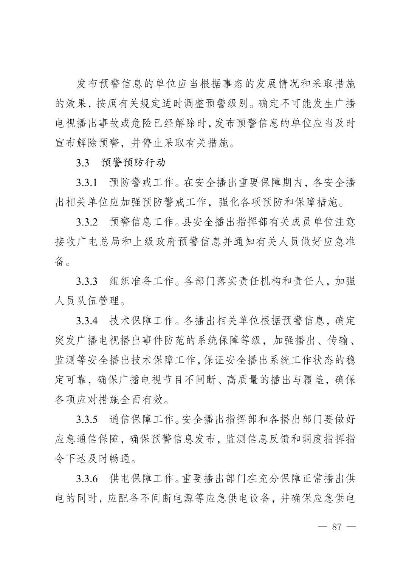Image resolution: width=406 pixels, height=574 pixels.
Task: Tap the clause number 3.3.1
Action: (x=87, y=183)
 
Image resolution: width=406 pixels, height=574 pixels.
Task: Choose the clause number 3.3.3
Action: (x=87, y=281)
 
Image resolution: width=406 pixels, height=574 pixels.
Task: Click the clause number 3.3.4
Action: (x=87, y=321)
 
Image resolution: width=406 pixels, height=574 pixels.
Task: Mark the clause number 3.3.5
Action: (x=87, y=419)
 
